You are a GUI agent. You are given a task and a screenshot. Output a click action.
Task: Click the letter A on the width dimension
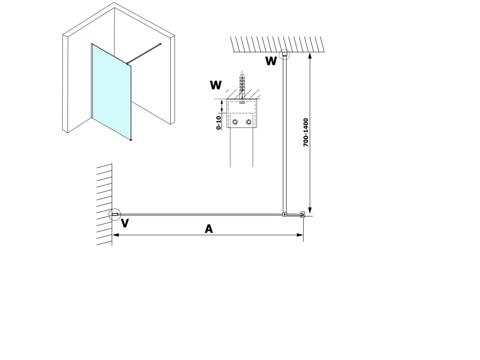(x=209, y=229)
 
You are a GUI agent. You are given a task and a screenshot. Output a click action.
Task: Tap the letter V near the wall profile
(x=125, y=223)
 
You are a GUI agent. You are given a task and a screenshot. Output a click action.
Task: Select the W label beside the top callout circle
(x=271, y=61)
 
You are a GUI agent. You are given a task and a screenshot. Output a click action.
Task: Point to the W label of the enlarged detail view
(x=216, y=85)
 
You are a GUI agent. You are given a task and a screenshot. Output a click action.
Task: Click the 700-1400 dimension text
(x=306, y=133)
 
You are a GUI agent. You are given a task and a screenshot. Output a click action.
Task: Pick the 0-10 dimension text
(x=218, y=123)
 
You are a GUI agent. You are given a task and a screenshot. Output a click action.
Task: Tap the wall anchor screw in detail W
(x=242, y=88)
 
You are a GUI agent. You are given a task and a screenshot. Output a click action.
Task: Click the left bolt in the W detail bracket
(x=235, y=122)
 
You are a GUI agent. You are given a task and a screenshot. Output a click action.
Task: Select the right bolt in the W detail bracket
(x=248, y=122)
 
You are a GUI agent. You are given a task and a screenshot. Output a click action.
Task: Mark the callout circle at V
(x=115, y=209)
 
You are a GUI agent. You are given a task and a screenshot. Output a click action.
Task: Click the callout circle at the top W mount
(x=285, y=50)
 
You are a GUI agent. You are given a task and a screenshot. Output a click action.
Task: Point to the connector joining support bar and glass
(x=285, y=215)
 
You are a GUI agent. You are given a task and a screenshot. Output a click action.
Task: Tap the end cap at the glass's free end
(x=302, y=214)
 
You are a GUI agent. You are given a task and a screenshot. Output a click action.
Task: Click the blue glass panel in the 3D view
(x=112, y=92)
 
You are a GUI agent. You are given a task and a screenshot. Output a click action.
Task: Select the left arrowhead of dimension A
(x=116, y=235)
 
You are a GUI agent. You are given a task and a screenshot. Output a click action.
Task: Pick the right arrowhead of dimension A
(x=300, y=235)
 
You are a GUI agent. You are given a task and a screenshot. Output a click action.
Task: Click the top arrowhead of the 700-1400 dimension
(x=310, y=56)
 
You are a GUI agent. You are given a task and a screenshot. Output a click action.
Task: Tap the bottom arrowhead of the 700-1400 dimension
(x=310, y=210)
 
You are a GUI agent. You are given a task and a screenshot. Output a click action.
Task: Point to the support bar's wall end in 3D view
(x=160, y=44)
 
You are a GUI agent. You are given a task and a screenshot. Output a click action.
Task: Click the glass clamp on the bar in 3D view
(x=127, y=64)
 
